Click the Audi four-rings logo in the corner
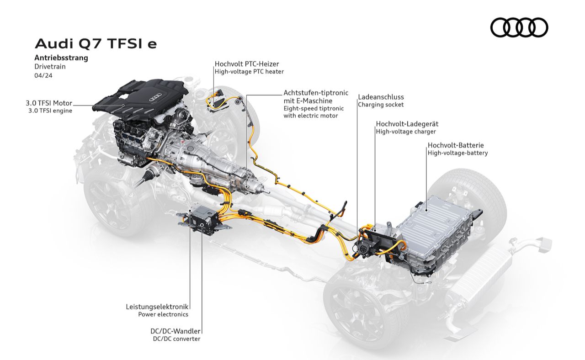(x=519, y=27)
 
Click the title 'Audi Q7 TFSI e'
(x=96, y=43)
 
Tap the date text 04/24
(x=43, y=76)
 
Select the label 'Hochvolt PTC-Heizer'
(x=247, y=64)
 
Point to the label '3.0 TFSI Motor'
(x=49, y=103)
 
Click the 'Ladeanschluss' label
(x=381, y=97)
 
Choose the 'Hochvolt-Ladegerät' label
(x=407, y=124)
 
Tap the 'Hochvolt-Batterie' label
(x=456, y=145)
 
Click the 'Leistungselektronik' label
(x=157, y=307)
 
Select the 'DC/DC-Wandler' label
(x=175, y=331)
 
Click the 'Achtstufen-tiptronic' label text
(x=316, y=93)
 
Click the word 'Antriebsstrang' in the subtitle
(x=61, y=58)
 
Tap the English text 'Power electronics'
(x=163, y=314)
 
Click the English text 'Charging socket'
(x=381, y=105)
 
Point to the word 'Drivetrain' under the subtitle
(x=50, y=67)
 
